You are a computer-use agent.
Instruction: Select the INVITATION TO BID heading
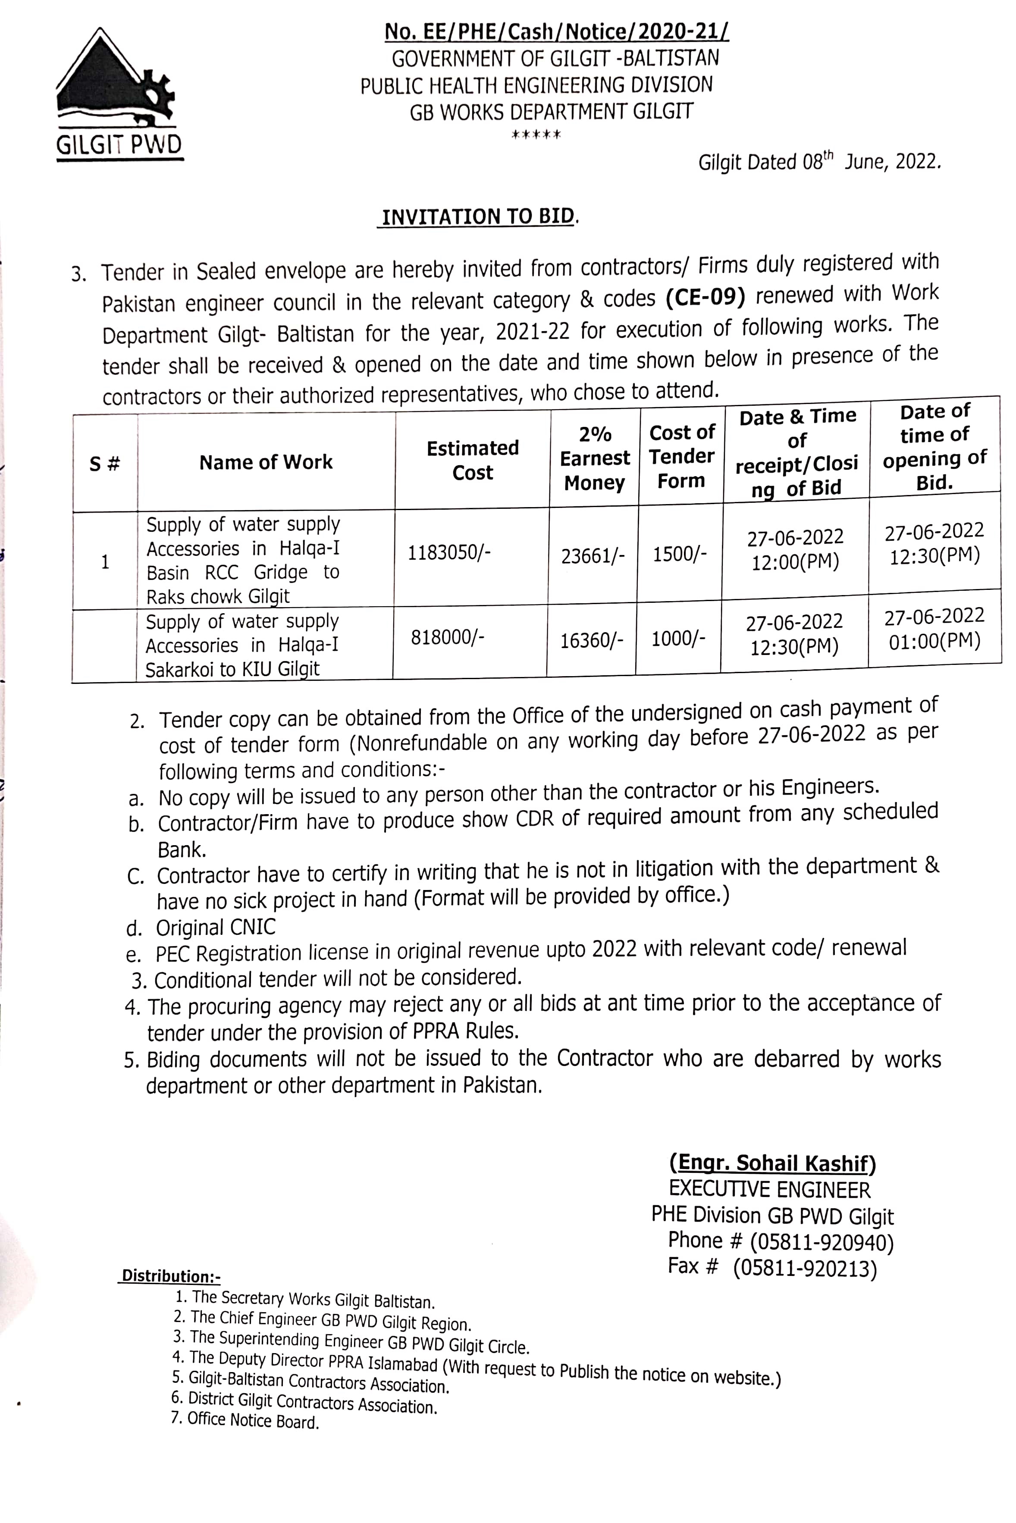[478, 216]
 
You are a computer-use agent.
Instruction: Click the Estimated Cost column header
[472, 460]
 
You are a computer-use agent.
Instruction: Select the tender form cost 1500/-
[679, 555]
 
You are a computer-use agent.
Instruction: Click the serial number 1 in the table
[105, 562]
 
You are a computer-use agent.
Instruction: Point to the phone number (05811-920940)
[822, 1242]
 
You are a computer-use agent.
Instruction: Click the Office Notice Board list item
[253, 1421]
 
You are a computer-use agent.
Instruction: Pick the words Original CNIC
[216, 927]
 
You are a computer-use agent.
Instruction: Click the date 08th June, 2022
[870, 161]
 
